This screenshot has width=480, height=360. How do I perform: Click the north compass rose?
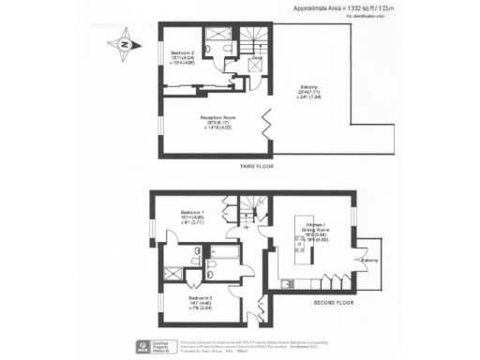coord(126,42)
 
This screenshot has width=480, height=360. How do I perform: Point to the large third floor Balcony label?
coord(307,93)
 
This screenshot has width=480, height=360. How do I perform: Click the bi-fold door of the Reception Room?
coord(268,123)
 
